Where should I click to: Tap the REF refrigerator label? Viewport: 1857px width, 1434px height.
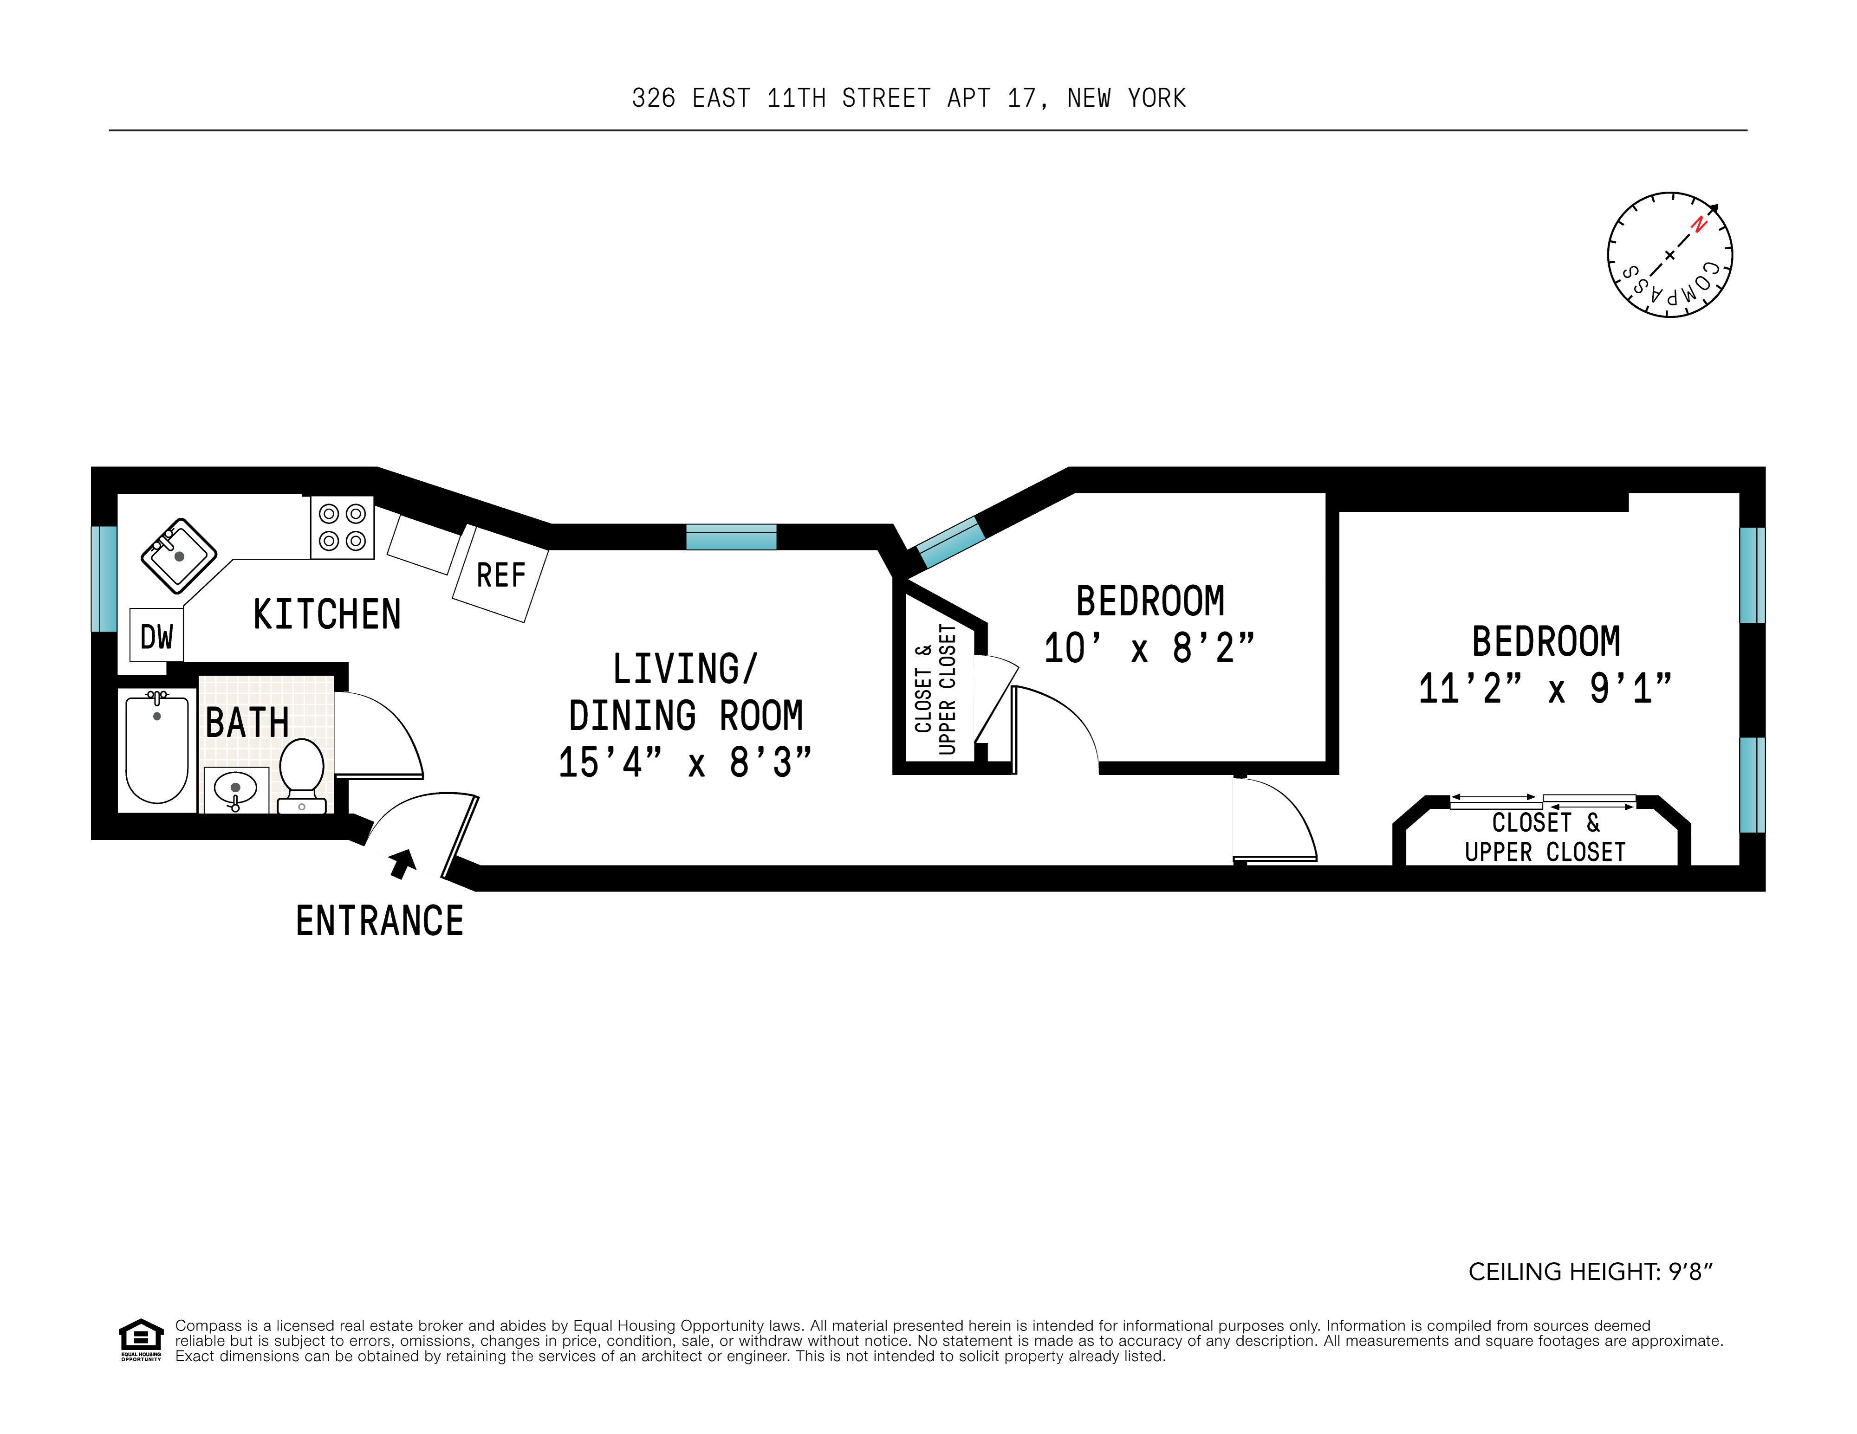tap(501, 575)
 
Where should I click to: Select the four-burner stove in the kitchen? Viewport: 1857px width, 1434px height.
tap(342, 527)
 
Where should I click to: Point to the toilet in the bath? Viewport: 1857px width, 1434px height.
tap(302, 774)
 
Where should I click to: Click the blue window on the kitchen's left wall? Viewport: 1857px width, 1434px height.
tap(104, 579)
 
